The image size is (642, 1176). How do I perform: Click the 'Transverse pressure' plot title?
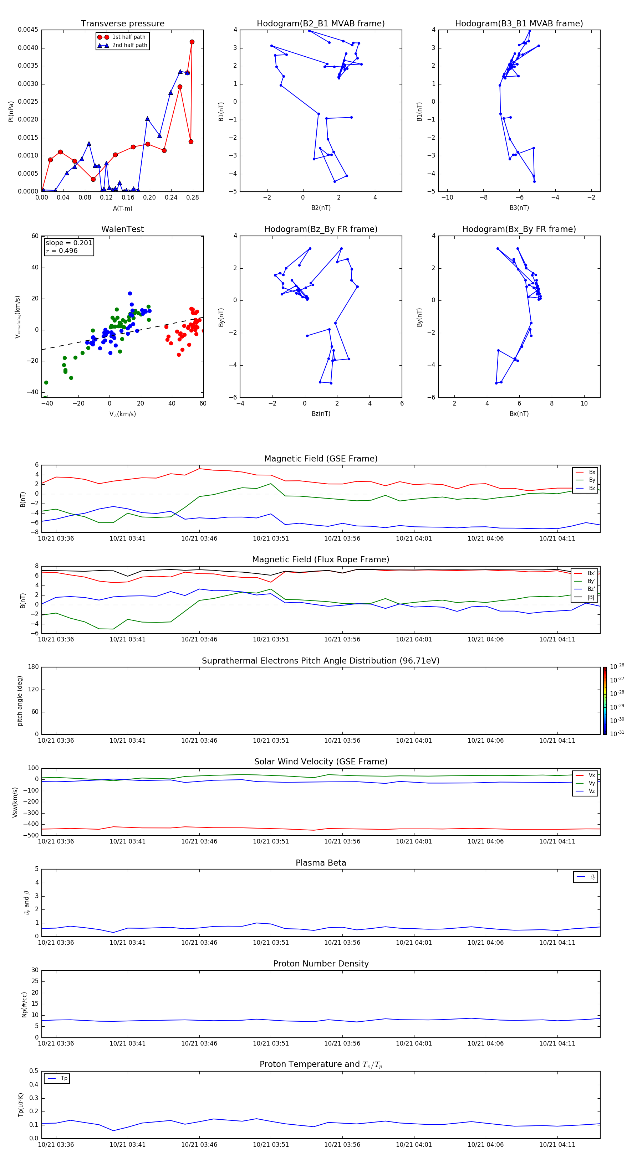122,24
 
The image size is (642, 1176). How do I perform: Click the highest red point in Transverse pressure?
192,42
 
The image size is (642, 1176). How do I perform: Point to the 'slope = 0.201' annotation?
68,243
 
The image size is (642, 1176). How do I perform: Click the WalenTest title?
122,229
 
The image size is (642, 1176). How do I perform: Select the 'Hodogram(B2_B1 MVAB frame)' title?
320,24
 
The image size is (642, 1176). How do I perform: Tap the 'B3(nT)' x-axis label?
519,208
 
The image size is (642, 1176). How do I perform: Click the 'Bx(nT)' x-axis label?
519,414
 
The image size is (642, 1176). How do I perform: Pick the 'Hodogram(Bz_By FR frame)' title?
320,229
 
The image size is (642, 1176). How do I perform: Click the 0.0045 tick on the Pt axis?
28,30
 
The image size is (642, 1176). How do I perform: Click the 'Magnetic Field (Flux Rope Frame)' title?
320,560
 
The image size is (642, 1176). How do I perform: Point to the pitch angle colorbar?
605,700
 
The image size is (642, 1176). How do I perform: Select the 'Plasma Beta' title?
320,863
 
